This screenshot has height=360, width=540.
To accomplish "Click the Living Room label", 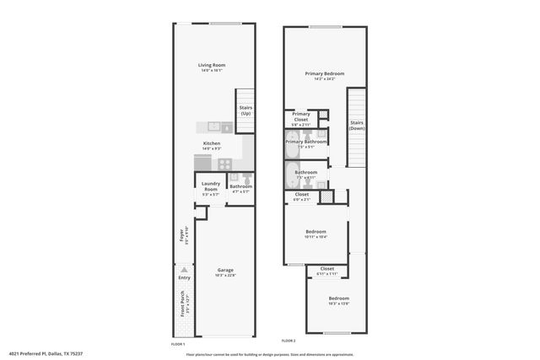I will tap(212, 65).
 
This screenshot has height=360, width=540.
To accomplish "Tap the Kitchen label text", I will tap(212, 143).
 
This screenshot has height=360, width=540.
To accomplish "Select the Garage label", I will tap(225, 270).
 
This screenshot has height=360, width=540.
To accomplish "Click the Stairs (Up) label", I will tap(246, 110).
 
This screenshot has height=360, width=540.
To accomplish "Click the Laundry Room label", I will tap(210, 186).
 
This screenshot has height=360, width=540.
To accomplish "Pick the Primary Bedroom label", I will tap(325, 73).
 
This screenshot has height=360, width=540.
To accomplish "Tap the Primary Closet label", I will tap(301, 116).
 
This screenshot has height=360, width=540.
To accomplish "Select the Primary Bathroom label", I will tap(305, 142).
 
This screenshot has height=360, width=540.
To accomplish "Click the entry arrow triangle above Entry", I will tap(184, 269).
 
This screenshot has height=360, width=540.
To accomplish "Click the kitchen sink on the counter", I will tap(214, 126).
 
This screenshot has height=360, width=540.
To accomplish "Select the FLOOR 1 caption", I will tap(177, 344).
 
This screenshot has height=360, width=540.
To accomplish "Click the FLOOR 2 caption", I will tap(289, 341).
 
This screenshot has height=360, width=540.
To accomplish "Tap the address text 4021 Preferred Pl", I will tap(46, 354).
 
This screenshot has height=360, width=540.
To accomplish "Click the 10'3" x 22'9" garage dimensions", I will tap(225, 275).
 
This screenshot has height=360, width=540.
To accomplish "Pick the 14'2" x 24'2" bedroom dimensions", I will tap(325, 78).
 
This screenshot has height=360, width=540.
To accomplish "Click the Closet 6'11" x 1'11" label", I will tap(327, 271).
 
